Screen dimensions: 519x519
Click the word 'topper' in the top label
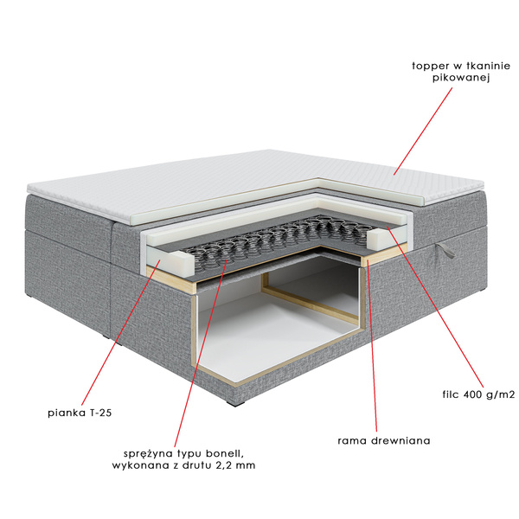tap(430, 67)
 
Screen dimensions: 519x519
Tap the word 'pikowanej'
tap(461, 78)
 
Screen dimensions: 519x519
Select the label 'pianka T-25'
tap(80, 413)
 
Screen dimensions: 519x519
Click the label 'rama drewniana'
tap(384, 440)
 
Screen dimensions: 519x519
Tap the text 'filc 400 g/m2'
tap(478, 394)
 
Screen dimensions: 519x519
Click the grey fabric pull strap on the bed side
tap(445, 250)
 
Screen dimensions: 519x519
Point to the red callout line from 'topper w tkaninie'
tap(423, 131)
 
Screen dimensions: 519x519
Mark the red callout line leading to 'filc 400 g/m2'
tap(434, 307)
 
